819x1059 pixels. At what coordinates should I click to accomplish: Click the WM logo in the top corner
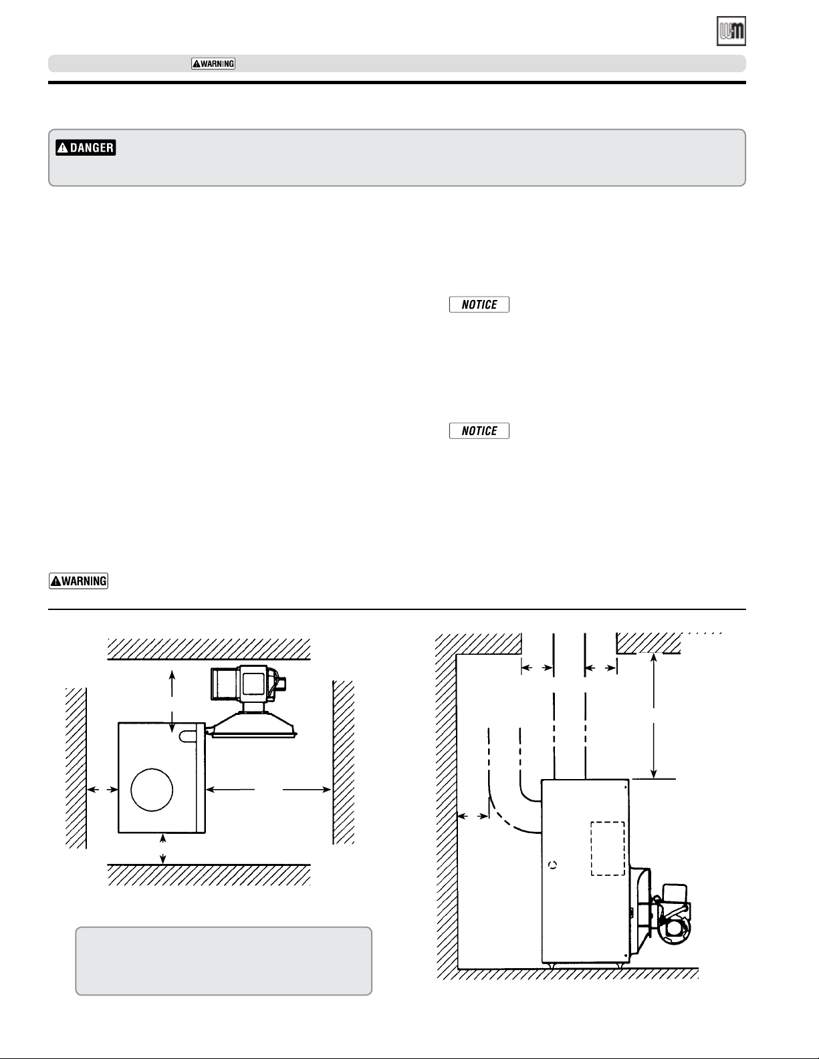[731, 31]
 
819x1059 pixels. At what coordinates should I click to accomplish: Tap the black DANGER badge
[86, 147]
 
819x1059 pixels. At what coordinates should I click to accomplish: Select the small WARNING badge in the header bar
[213, 64]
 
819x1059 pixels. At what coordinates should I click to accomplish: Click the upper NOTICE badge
[479, 305]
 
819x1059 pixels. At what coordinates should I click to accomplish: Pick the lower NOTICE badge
[479, 431]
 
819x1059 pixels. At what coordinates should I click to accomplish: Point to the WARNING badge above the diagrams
[78, 581]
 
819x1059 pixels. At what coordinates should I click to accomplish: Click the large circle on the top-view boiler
[152, 790]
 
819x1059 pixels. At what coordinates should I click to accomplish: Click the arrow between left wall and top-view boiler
[102, 790]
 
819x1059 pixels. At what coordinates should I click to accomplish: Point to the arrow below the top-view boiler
[163, 849]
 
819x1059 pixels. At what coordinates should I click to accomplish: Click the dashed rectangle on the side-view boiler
[608, 849]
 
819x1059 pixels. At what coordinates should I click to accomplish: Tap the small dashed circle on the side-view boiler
[552, 865]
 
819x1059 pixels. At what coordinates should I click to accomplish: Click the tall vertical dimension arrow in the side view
[653, 716]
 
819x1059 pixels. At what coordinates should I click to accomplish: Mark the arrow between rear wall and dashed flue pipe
[473, 816]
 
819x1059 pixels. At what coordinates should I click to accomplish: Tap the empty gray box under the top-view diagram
[224, 961]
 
